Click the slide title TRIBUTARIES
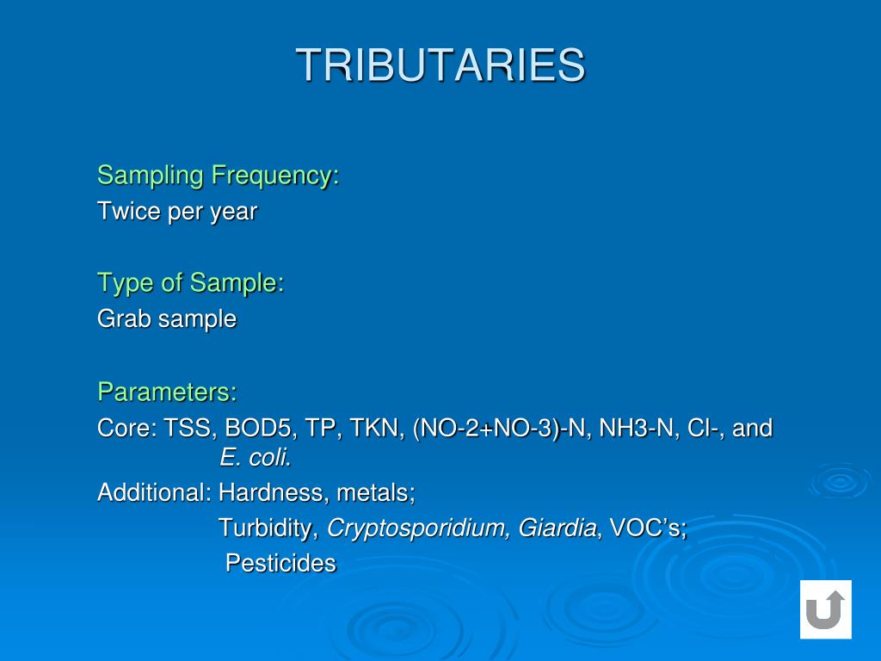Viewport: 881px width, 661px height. (x=440, y=65)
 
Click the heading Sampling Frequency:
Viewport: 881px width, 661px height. (x=218, y=176)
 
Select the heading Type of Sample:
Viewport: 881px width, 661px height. (x=190, y=283)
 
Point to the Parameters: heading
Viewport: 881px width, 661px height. (x=167, y=392)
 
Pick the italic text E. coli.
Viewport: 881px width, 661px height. (x=256, y=459)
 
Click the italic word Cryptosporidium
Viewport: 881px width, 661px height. (x=418, y=528)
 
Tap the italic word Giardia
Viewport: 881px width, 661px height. (x=558, y=528)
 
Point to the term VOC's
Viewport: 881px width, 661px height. (x=647, y=528)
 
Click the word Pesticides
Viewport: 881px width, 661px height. (x=280, y=564)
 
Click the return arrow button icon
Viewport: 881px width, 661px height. (x=825, y=609)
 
